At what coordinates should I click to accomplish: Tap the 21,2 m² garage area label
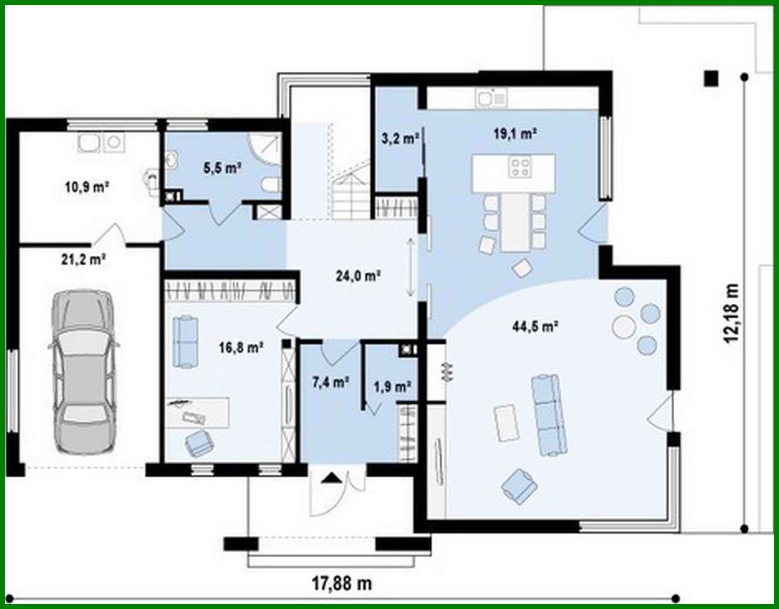coord(84,258)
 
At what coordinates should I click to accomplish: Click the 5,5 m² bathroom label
coord(222,167)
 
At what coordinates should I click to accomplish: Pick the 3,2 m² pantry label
coord(399,138)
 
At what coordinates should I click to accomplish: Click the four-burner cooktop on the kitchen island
coord(521,166)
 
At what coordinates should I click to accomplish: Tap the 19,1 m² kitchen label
coord(515,134)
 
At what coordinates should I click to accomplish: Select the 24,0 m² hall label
coord(358,275)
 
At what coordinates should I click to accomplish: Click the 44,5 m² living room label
coord(534,326)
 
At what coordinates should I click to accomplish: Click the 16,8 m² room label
coord(241,348)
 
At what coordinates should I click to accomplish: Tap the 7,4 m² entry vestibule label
coord(330,382)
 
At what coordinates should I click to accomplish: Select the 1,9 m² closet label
coord(392,387)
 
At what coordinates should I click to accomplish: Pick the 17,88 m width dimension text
coord(342,583)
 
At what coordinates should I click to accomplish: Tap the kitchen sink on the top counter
coord(491,99)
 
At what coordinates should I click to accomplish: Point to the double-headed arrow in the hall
coord(410,267)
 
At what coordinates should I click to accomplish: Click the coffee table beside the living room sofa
coord(506,422)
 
